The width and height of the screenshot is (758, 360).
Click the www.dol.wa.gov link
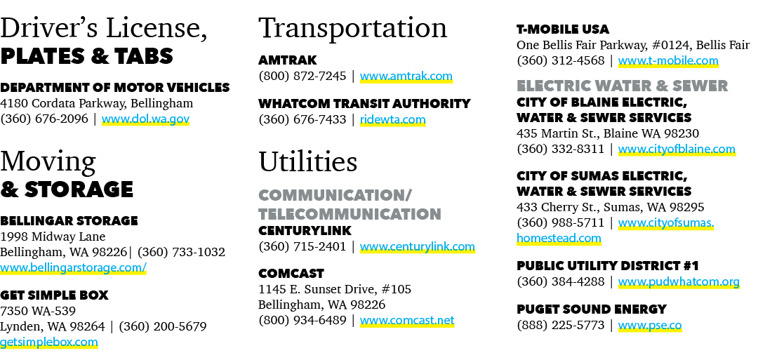tap(145, 119)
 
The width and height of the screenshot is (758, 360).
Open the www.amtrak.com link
tap(406, 76)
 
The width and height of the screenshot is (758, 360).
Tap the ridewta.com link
tap(392, 119)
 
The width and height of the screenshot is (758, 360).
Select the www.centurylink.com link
tap(417, 246)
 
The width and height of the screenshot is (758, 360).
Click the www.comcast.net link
tap(407, 320)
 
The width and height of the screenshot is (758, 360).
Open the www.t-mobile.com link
tap(668, 60)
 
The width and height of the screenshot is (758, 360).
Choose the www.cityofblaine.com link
tap(677, 149)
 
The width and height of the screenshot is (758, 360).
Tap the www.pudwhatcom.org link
tap(679, 281)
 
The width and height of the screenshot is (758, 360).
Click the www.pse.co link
tap(650, 325)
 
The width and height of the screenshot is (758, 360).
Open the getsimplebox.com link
tap(49, 342)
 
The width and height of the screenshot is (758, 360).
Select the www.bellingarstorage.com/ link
tap(73, 267)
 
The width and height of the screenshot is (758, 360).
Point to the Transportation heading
tap(352, 28)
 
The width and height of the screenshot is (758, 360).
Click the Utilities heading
tap(308, 161)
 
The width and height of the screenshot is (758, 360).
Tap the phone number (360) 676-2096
tap(44, 119)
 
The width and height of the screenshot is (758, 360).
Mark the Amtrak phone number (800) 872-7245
tap(302, 76)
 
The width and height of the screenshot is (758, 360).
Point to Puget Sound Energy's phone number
tap(561, 325)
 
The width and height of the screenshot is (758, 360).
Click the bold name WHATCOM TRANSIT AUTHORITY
tap(364, 104)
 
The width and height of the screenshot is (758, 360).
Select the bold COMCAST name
tap(291, 274)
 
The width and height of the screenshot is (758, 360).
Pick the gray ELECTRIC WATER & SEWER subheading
tap(622, 86)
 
